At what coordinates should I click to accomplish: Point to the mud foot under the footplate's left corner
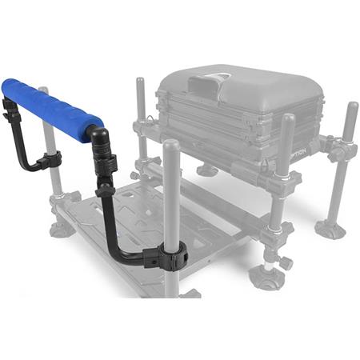(x=62, y=230)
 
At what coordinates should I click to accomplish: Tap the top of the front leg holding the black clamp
(x=170, y=146)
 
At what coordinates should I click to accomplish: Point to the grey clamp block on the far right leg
(x=339, y=149)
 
